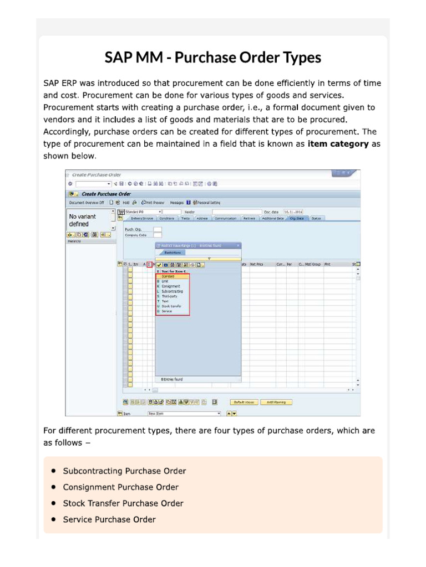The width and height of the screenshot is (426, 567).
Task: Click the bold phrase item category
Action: [x=338, y=144]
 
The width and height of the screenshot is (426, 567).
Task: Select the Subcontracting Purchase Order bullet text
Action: [x=124, y=471]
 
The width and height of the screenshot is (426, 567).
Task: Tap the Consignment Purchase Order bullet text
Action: [x=120, y=487]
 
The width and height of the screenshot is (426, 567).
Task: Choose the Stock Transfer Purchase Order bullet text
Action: [x=123, y=503]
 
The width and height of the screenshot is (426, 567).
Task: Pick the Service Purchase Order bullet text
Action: [x=109, y=519]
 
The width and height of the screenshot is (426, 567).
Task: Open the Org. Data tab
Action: [x=296, y=218]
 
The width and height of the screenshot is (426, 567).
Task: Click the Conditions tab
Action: [x=166, y=218]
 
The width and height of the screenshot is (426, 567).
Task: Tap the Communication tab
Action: [x=225, y=218]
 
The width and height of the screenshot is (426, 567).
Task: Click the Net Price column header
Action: [x=256, y=265]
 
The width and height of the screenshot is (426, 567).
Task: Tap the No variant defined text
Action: [x=82, y=220]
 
